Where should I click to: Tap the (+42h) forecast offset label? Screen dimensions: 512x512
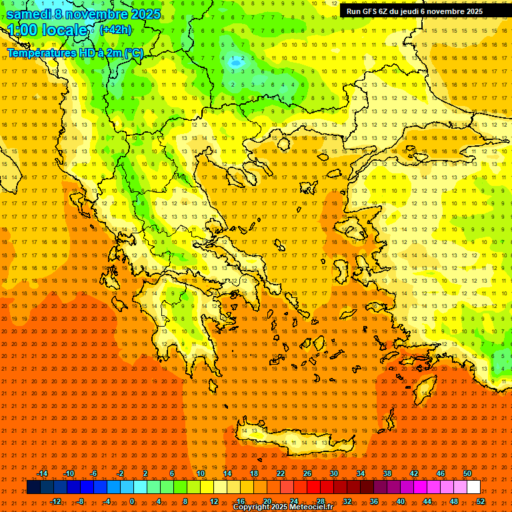[x=115, y=30]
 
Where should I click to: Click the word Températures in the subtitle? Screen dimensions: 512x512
[x=40, y=53]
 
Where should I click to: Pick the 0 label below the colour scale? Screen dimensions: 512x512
[x=132, y=501]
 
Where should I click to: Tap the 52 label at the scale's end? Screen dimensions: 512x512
[x=481, y=501]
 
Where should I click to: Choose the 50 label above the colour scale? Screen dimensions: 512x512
[x=467, y=473]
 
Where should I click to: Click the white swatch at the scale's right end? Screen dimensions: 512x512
[x=473, y=487]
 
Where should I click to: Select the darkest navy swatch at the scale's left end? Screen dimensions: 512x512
[x=33, y=487]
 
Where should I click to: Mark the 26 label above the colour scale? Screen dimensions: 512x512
[x=307, y=473]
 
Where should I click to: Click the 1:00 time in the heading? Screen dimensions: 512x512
[x=23, y=31]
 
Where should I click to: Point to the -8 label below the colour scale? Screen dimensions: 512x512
[x=81, y=501]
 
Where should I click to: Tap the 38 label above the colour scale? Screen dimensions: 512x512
[x=387, y=473]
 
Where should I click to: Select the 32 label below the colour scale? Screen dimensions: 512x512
[x=347, y=501]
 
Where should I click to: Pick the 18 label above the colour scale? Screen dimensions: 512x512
[x=254, y=473]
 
